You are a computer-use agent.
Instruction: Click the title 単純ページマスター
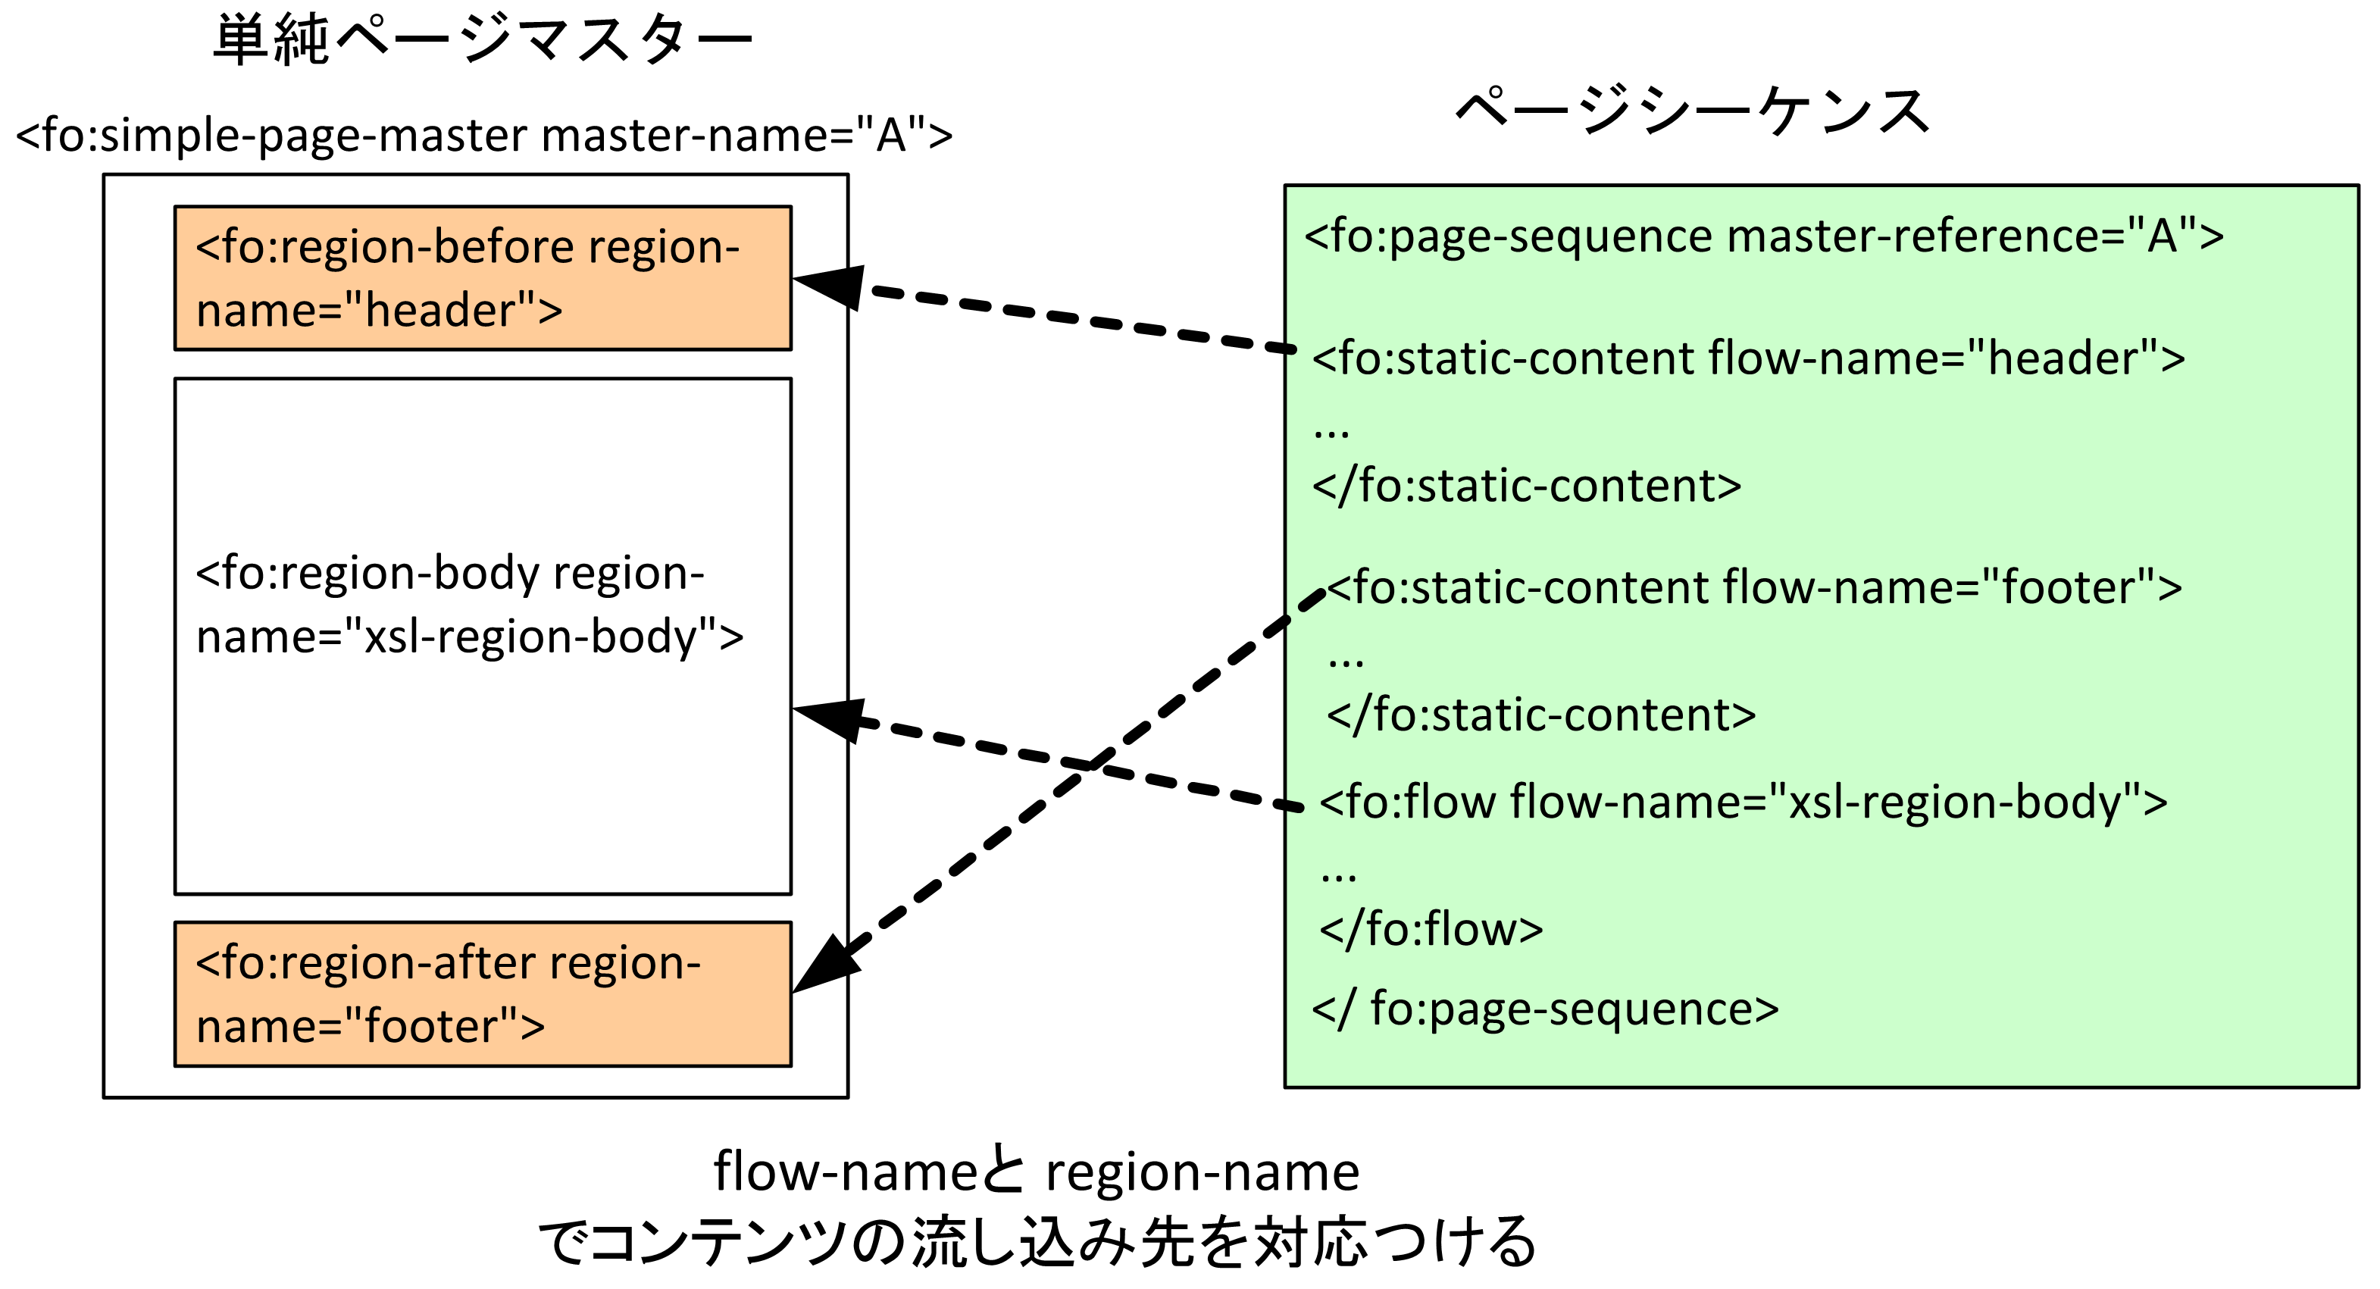[x=482, y=41]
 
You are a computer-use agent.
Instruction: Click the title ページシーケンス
[x=1692, y=111]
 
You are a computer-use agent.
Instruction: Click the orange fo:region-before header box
[x=482, y=278]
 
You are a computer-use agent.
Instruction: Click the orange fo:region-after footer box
[x=482, y=994]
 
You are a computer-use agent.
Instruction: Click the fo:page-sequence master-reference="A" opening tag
[x=1762, y=236]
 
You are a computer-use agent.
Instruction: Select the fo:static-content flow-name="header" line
[x=1748, y=358]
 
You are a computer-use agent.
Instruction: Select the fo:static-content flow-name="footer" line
[x=1753, y=588]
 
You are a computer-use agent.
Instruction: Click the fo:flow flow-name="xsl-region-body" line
[x=1743, y=802]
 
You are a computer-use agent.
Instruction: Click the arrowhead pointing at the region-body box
[x=830, y=717]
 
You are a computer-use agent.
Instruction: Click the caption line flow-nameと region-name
[x=1036, y=1172]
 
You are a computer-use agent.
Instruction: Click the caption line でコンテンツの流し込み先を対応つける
[x=1036, y=1242]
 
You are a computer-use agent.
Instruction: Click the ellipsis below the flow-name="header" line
[x=1331, y=431]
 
